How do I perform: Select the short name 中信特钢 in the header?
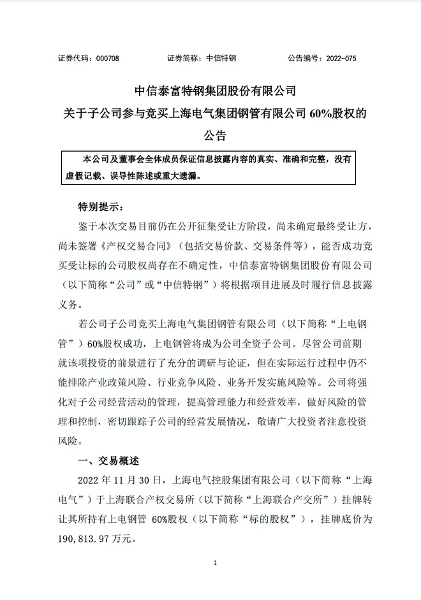tap(221, 58)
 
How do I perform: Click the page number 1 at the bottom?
tap(216, 563)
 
